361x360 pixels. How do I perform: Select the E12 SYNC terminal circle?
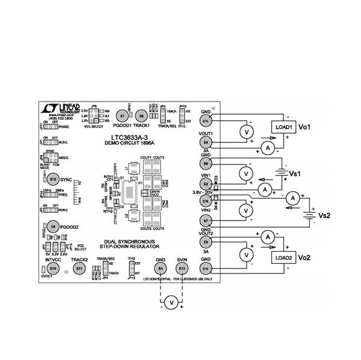pos(54,178)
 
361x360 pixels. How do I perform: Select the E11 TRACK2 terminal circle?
pos(79,268)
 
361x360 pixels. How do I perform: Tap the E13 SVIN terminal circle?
pos(182,268)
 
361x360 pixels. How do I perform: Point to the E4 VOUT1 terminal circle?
pos(206,142)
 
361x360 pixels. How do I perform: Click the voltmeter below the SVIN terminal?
pos(171,302)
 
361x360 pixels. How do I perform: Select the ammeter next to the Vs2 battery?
pos(292,197)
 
